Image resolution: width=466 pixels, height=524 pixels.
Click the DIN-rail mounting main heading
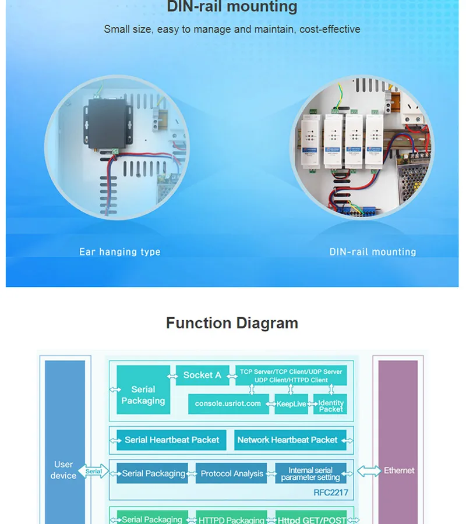[x=232, y=8]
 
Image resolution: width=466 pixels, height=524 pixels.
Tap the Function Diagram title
[x=232, y=323]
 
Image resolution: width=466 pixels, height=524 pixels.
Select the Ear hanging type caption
[x=120, y=252]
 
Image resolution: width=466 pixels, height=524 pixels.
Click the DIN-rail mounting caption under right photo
[x=373, y=252]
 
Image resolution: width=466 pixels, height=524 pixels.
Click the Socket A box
[x=202, y=376]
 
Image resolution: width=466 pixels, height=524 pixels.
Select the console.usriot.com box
[x=228, y=403]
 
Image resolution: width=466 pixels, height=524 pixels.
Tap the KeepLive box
[x=291, y=404]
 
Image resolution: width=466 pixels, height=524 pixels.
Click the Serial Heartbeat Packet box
[x=172, y=440]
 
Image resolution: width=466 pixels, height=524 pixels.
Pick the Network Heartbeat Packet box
[x=287, y=440]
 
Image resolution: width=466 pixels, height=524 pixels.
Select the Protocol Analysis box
[x=232, y=474]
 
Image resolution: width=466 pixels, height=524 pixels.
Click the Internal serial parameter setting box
[x=310, y=474]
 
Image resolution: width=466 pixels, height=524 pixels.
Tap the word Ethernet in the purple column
[x=399, y=470]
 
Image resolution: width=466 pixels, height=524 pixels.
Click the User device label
[x=63, y=470]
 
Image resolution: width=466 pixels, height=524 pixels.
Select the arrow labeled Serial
[x=94, y=472]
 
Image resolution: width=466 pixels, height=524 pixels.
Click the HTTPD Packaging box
[x=231, y=519]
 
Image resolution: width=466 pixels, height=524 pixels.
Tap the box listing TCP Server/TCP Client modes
[x=291, y=375]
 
